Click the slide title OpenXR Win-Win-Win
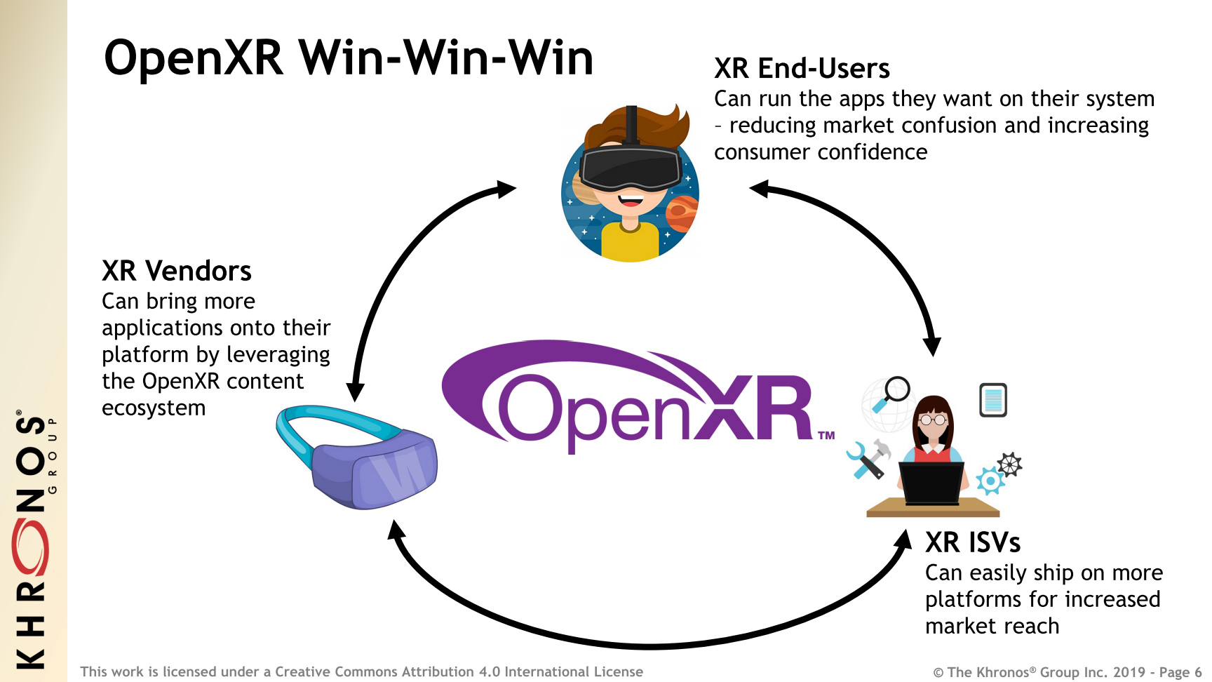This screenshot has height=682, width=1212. click(x=349, y=58)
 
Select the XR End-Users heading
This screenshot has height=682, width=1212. click(x=802, y=69)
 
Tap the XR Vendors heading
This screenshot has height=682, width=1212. click(x=176, y=271)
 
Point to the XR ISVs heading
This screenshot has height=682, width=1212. click(x=972, y=542)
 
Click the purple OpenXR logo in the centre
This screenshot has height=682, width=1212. click(x=631, y=396)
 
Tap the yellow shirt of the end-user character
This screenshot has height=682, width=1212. click(x=630, y=242)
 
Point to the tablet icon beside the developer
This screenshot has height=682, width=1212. click(x=992, y=400)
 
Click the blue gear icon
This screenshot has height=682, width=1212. click(x=990, y=481)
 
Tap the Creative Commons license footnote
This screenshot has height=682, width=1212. click(x=361, y=671)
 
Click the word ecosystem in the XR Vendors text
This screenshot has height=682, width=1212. click(x=154, y=408)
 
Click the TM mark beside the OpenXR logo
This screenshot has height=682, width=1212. click(x=826, y=435)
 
